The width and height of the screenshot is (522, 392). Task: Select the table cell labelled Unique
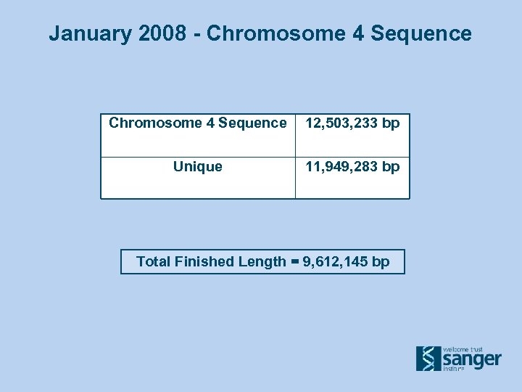(x=198, y=167)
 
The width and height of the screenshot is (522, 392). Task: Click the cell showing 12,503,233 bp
(x=352, y=123)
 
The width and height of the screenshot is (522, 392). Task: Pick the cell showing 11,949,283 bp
(x=352, y=167)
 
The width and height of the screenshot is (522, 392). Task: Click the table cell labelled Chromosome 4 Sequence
(x=198, y=123)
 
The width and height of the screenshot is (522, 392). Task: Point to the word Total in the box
(x=154, y=262)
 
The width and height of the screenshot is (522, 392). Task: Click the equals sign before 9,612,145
(x=295, y=262)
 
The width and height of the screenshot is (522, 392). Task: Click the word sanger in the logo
(x=471, y=359)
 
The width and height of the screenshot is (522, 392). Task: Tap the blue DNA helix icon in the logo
(x=428, y=358)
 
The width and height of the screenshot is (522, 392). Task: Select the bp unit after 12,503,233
(x=391, y=123)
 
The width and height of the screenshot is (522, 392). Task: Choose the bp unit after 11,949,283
(x=391, y=167)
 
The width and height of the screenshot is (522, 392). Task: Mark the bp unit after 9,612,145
(x=381, y=262)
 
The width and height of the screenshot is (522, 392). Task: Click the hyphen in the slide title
(x=198, y=33)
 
